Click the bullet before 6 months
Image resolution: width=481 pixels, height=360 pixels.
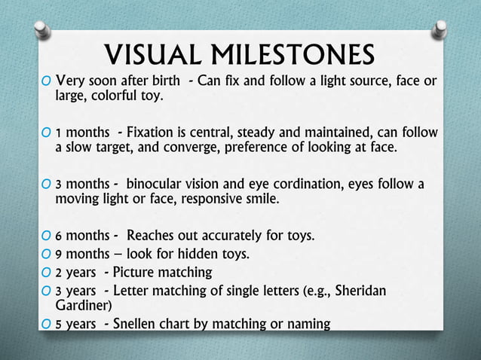click(47, 236)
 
